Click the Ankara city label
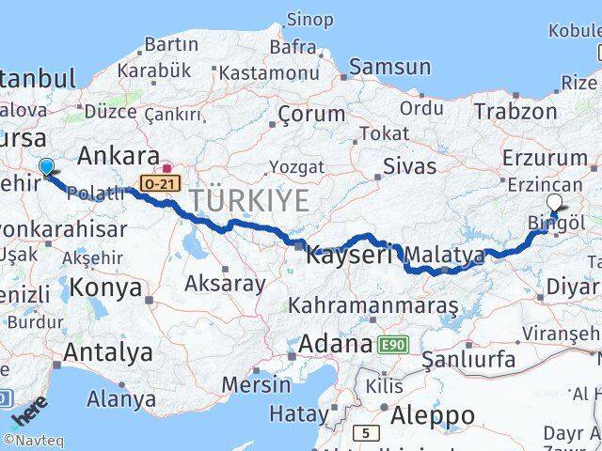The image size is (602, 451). coord(118,155)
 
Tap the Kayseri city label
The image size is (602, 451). coord(349,255)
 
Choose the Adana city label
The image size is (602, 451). coord(335,345)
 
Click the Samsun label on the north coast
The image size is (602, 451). coord(389,67)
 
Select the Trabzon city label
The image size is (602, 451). coord(515,112)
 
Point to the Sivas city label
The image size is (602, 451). coord(410,166)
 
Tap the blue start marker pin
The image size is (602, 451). coord(46,167)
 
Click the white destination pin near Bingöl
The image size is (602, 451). coord(554,202)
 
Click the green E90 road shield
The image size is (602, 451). coord(392,346)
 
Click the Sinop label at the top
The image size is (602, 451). coord(309,19)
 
